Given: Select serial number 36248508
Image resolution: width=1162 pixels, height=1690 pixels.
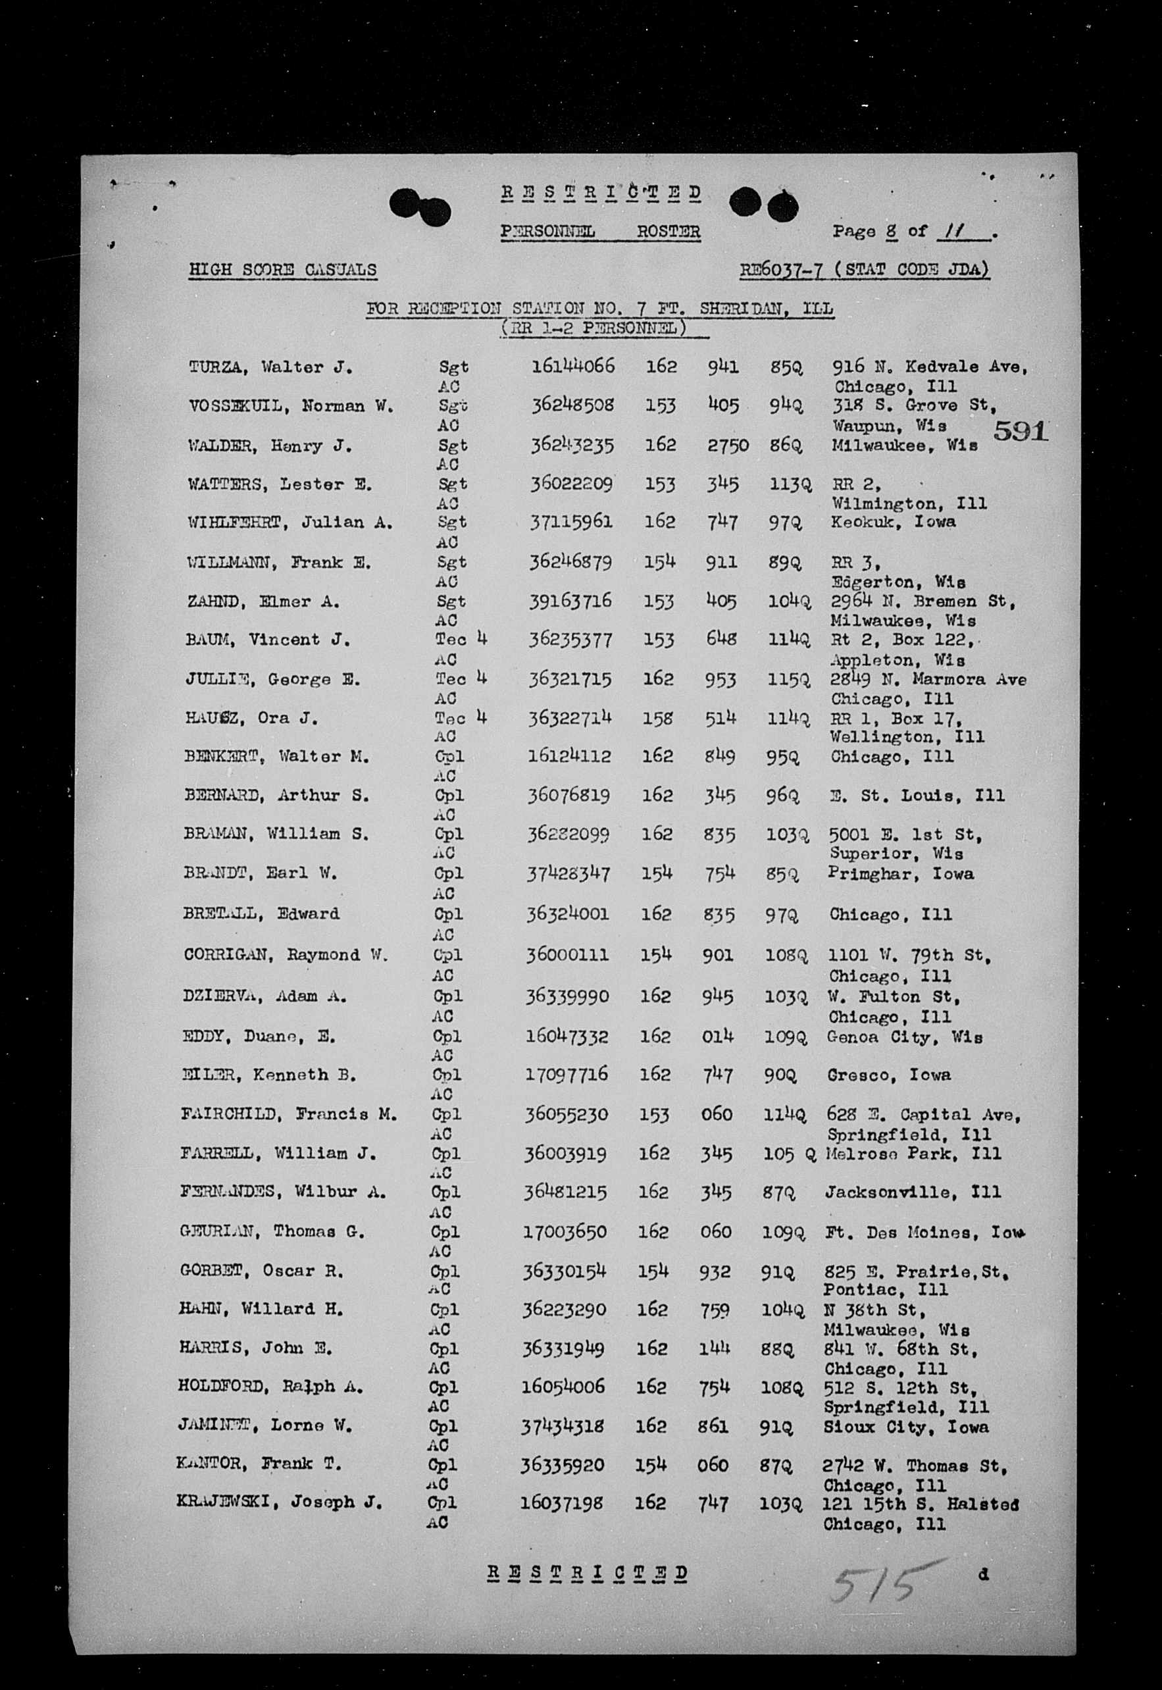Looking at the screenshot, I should click(x=572, y=405).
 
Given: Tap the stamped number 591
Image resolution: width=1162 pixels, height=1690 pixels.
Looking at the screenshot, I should click(x=1020, y=432).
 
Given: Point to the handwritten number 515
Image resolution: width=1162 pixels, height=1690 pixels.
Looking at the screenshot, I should click(x=882, y=1582).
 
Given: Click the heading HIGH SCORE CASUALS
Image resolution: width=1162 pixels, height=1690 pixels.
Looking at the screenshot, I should click(x=282, y=270).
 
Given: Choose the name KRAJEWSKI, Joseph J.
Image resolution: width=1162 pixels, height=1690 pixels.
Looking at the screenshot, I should click(x=279, y=1502).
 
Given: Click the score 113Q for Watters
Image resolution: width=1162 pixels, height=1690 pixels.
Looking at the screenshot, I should click(x=791, y=484).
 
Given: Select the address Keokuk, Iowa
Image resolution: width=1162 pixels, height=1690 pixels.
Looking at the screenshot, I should click(x=894, y=522).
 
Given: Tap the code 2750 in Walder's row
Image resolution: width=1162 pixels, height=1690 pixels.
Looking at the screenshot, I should click(x=727, y=445).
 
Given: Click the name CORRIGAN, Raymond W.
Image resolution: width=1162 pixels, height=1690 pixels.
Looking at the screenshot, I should click(x=286, y=955).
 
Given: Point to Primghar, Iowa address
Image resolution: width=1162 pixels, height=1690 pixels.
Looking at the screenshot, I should click(x=900, y=874).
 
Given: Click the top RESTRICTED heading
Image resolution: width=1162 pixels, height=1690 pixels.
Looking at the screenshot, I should click(x=601, y=193).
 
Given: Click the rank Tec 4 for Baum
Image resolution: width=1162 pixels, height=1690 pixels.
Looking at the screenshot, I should click(x=461, y=639).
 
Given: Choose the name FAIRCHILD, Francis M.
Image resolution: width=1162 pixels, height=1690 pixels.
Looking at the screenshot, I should click(x=289, y=1114).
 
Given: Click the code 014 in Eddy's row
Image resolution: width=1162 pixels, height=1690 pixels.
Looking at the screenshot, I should click(x=717, y=1036).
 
